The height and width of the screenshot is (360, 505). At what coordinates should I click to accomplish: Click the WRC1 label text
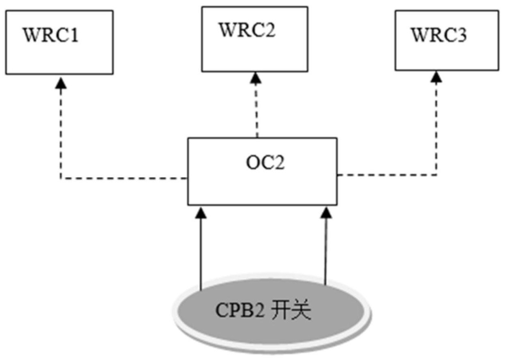(51, 35)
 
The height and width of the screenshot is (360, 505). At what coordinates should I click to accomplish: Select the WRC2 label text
(247, 30)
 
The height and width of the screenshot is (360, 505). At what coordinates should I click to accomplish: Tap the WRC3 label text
(439, 35)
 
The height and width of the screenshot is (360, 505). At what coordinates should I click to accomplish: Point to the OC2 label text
(265, 162)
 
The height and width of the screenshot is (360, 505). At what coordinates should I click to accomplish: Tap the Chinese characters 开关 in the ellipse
(291, 310)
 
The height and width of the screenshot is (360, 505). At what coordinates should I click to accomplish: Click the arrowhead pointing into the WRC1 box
(61, 83)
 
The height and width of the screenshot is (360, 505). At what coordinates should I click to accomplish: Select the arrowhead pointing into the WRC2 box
(256, 78)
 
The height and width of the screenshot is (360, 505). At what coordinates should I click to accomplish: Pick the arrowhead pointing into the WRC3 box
(436, 77)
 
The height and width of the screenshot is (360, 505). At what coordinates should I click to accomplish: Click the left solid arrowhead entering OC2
(201, 213)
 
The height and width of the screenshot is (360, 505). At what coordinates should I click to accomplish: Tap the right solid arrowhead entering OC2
(326, 213)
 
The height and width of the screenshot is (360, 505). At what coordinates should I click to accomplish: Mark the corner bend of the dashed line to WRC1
(61, 178)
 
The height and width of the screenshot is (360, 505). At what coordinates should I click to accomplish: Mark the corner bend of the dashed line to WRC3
(437, 175)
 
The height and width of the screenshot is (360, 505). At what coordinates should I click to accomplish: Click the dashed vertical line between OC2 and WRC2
(256, 110)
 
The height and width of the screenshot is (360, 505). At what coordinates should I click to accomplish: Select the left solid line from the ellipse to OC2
(201, 254)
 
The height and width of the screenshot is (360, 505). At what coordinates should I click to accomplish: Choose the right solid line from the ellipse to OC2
(326, 251)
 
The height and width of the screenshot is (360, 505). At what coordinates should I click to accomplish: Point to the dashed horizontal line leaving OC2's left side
(124, 178)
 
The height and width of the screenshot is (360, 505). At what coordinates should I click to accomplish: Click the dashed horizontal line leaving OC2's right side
(387, 175)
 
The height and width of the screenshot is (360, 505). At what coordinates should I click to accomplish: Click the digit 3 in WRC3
(462, 35)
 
